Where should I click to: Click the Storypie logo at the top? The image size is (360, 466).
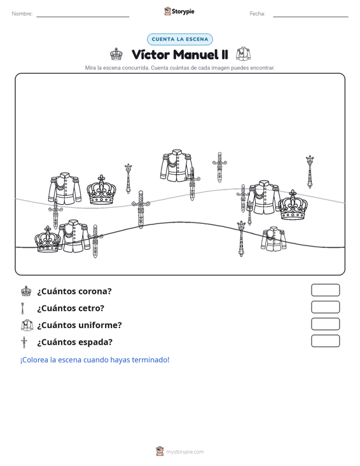[x=179, y=11]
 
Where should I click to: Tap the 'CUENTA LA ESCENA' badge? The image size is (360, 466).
[x=180, y=39]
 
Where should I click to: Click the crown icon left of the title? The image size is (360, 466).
[x=116, y=54]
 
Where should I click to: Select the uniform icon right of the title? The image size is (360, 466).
[x=243, y=54]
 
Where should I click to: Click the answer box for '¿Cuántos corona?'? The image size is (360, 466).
[x=325, y=290]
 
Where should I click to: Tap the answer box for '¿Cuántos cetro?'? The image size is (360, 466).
[x=325, y=307]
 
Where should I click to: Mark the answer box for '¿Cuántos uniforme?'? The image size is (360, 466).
[x=325, y=324]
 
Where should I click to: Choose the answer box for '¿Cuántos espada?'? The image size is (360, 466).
[x=325, y=341]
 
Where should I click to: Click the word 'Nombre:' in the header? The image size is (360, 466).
[x=22, y=14]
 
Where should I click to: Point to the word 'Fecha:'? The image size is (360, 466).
[x=258, y=14]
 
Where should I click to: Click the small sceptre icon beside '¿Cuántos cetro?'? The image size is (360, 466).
[x=23, y=308]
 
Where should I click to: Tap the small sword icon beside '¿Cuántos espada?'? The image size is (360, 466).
[x=24, y=343]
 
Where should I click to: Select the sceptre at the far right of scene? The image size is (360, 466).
[x=310, y=172]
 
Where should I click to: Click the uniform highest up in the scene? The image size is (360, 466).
[x=177, y=165]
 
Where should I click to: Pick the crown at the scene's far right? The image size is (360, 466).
[x=293, y=205]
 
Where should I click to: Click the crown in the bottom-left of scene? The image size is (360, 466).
[x=48, y=240]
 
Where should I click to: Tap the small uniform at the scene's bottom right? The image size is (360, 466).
[x=273, y=239]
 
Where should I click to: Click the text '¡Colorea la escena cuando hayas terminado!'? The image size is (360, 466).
[x=95, y=360]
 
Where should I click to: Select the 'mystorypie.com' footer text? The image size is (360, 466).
[x=184, y=452]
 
